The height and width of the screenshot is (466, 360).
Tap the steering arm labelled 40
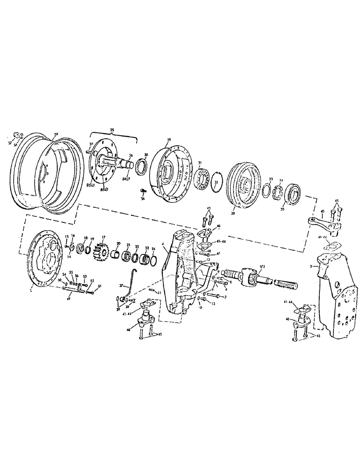click(322, 223)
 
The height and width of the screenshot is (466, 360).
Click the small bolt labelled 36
click(143, 191)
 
